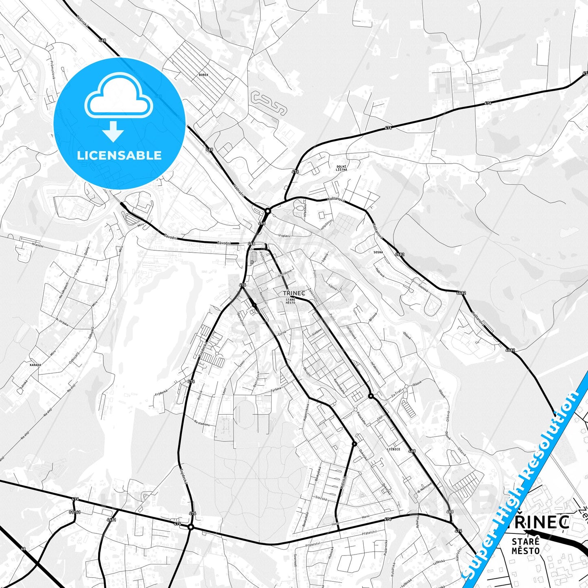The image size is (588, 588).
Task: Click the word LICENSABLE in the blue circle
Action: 119,155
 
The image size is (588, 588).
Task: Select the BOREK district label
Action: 203,75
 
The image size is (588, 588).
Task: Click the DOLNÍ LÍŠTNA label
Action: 341,168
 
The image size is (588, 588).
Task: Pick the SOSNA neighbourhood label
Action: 378,252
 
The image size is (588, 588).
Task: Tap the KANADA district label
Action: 35,365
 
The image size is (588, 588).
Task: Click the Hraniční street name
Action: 38,246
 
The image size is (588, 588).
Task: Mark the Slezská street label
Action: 321,498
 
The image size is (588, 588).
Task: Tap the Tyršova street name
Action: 276,391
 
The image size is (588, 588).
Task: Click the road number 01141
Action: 75,512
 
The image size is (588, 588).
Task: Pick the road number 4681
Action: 111,520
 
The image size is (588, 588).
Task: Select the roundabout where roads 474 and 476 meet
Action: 190,527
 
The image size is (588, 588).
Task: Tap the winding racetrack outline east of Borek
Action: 269,103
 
